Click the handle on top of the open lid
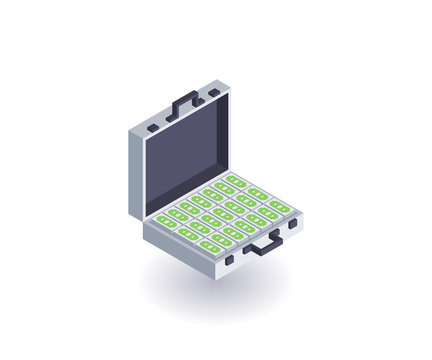[185, 101]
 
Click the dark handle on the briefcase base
[262, 244]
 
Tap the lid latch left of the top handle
[152, 128]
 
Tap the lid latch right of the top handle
[214, 93]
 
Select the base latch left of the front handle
[229, 259]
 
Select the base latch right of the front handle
[292, 225]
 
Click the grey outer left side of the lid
[135, 175]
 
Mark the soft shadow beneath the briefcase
[215, 290]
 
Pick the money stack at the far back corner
[236, 181]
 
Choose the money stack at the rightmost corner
[280, 206]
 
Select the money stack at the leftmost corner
[166, 221]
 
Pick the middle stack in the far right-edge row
[258, 193]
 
